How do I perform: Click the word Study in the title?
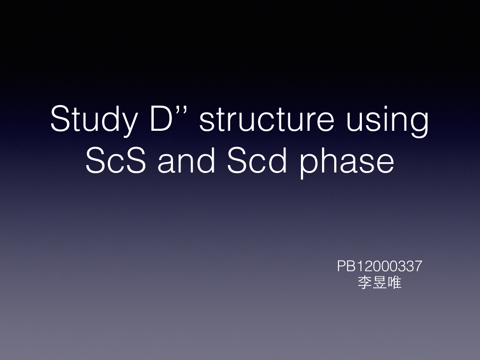pos(94,120)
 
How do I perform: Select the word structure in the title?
pos(266,120)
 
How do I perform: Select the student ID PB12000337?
pos(379,267)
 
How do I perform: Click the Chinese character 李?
pos(364,283)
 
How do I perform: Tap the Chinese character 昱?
pos(379,283)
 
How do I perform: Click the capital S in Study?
pos(60,119)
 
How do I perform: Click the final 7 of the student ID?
pos(418,267)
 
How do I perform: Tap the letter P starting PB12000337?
pos(341,267)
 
